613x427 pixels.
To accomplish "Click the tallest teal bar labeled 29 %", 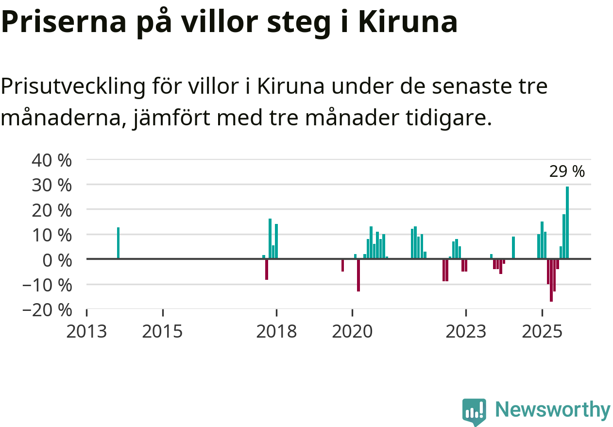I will coord(567,222).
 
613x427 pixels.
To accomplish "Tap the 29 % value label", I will coord(567,171).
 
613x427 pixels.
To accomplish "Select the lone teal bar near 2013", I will coord(118,243).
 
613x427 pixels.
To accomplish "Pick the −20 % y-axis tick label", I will coord(47,309).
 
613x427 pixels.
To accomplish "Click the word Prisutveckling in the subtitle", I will coord(73,87).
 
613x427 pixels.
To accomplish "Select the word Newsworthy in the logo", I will coord(553,410).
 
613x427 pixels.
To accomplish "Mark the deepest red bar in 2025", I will coord(551,280).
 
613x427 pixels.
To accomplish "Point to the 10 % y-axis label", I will coord(51,235).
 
